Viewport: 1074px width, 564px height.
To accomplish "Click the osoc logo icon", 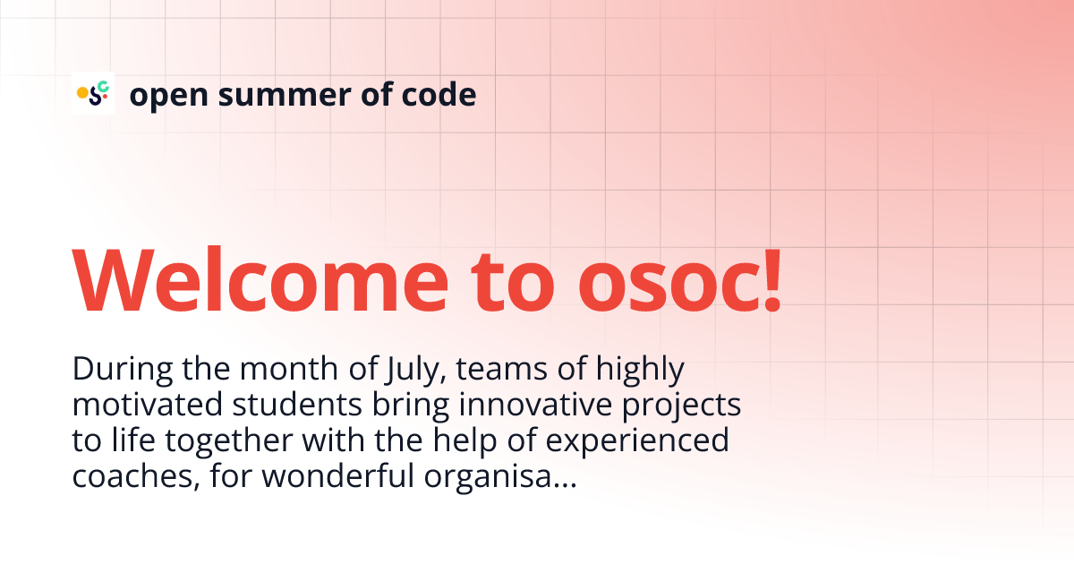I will click(x=93, y=92).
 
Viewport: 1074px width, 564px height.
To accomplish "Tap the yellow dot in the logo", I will click(x=81, y=91).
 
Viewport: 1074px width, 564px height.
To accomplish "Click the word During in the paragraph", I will click(x=114, y=368).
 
